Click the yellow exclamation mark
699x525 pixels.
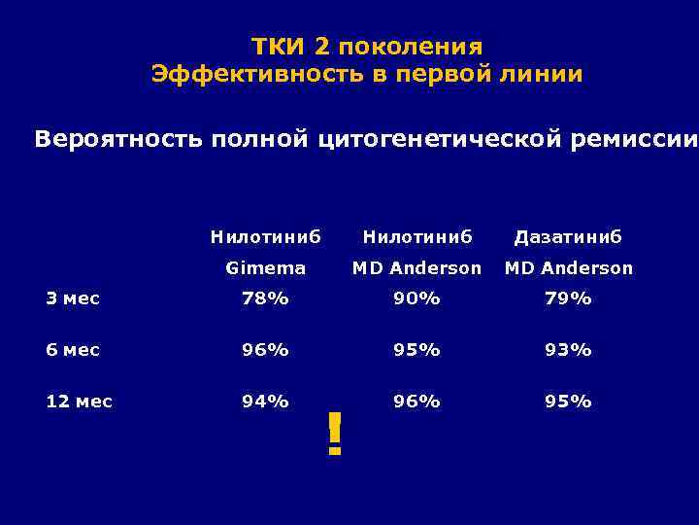pos(335,434)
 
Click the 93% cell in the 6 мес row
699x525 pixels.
pos(568,350)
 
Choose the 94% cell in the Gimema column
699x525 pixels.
pos(265,402)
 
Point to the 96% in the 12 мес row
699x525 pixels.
pos(416,402)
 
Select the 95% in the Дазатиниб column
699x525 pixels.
pos(568,402)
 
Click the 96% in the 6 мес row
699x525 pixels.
pos(265,350)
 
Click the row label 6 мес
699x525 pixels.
pos(72,350)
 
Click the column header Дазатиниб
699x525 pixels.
pos(568,236)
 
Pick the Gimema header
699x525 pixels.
pos(265,268)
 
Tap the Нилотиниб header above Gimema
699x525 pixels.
pos(265,236)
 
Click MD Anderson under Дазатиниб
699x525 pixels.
pos(568,268)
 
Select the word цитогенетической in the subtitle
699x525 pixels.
pos(437,139)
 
